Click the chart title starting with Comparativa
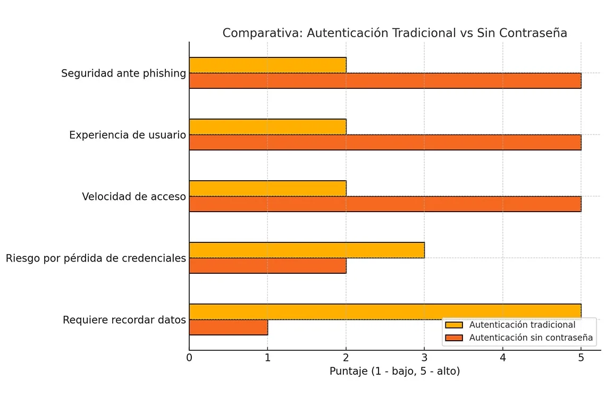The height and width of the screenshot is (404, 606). point(394,33)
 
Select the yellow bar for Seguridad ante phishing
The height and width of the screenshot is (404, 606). point(267,65)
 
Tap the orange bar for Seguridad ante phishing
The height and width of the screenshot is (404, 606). point(385,81)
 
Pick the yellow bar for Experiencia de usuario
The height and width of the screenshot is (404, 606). point(267,127)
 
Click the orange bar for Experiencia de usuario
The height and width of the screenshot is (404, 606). point(385,142)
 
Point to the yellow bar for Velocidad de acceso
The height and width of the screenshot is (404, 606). point(267,188)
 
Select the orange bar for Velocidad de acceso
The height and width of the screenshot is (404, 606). point(385,204)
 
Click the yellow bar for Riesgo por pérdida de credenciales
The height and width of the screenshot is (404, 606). point(307,250)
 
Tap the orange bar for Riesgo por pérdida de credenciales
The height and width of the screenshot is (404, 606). point(267,266)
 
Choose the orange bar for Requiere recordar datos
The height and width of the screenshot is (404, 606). point(229,327)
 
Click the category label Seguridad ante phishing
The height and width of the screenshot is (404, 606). point(123,73)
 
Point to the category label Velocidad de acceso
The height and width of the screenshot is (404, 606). point(134,197)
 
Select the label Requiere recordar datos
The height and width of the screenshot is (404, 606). point(124,320)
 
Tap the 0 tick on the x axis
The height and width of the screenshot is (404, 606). point(189,358)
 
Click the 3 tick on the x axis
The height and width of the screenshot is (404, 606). point(424,358)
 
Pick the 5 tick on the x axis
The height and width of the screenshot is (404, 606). point(581,358)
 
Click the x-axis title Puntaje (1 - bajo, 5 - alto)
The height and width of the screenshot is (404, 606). point(394,372)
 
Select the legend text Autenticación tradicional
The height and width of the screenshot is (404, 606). point(522,325)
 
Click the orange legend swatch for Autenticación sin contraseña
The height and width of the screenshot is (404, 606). point(454,338)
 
